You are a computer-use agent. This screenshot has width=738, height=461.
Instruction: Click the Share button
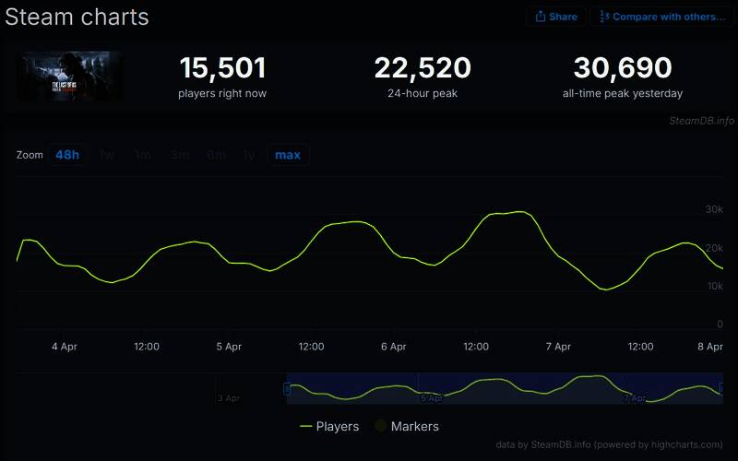coord(556,17)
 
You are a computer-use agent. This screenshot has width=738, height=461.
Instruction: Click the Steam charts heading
coord(77,17)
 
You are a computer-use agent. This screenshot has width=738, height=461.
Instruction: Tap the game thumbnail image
coord(68,76)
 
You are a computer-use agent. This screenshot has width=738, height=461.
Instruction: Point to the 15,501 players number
coord(222,68)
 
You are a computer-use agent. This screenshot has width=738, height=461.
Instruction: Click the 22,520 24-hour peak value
coord(423,68)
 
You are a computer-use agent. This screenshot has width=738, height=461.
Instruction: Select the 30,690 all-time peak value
coord(623,68)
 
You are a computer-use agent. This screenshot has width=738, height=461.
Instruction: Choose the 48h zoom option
coord(67,155)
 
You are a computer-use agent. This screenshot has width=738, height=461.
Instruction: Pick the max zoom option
coord(288,155)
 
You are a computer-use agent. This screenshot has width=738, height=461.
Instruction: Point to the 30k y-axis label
coord(714,210)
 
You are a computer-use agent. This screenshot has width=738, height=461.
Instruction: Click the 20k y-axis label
coord(714,249)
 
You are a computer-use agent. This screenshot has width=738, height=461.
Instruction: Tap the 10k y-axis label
coord(714,287)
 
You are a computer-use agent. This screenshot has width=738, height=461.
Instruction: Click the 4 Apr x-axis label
coord(65,347)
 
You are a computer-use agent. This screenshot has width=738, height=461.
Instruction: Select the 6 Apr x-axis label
coord(393,347)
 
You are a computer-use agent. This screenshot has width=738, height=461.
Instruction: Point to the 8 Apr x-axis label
coord(709,347)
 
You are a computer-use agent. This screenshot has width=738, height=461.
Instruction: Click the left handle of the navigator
coord(287,389)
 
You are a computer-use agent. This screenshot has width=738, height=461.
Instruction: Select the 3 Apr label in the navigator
coord(229,398)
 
